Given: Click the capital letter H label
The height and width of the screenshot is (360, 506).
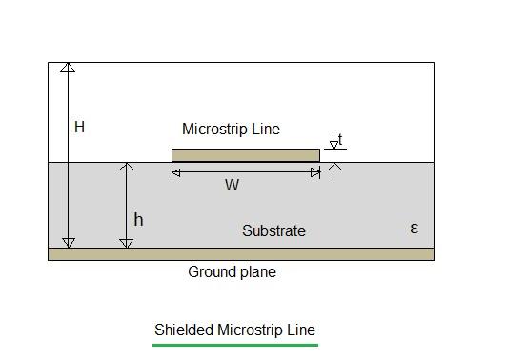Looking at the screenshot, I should click(x=79, y=127).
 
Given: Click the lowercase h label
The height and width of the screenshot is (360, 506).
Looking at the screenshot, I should click(x=138, y=220).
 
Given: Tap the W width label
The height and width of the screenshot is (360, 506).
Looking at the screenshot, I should click(x=232, y=186).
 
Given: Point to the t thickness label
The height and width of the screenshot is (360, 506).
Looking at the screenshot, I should click(x=340, y=139).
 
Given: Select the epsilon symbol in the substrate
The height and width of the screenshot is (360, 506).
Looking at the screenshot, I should click(x=414, y=228).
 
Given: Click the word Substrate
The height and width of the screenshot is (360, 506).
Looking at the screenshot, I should click(x=273, y=230).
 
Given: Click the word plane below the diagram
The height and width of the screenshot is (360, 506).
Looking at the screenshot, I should click(x=256, y=272).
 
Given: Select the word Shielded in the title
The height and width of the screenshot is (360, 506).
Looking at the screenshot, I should click(x=184, y=330).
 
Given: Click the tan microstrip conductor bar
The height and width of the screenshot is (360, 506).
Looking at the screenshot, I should click(x=245, y=155).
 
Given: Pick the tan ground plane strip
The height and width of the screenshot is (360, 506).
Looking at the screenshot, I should click(x=241, y=254).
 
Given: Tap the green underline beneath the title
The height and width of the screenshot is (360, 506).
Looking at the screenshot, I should click(x=234, y=344).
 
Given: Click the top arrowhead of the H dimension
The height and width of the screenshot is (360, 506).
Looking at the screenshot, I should click(x=68, y=68).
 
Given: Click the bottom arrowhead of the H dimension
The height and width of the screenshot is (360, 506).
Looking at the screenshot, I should click(x=68, y=243).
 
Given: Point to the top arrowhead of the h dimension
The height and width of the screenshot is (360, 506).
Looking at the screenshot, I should click(x=127, y=168).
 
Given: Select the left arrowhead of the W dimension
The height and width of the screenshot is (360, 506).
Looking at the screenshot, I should click(x=176, y=172).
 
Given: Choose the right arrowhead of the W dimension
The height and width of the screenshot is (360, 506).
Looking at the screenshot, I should click(x=315, y=172).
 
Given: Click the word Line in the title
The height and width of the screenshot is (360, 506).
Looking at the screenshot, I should click(x=300, y=330).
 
